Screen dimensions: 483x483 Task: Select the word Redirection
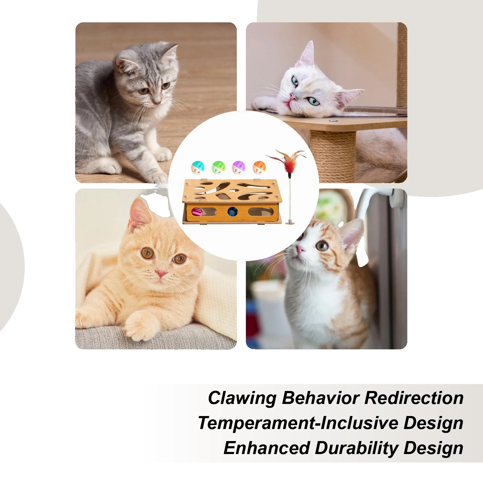click(414, 398)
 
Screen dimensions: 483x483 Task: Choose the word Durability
click(356, 448)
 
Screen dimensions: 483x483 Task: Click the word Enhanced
click(267, 448)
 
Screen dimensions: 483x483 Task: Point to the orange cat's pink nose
click(161, 274)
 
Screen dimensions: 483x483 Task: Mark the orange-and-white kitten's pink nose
click(300, 250)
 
